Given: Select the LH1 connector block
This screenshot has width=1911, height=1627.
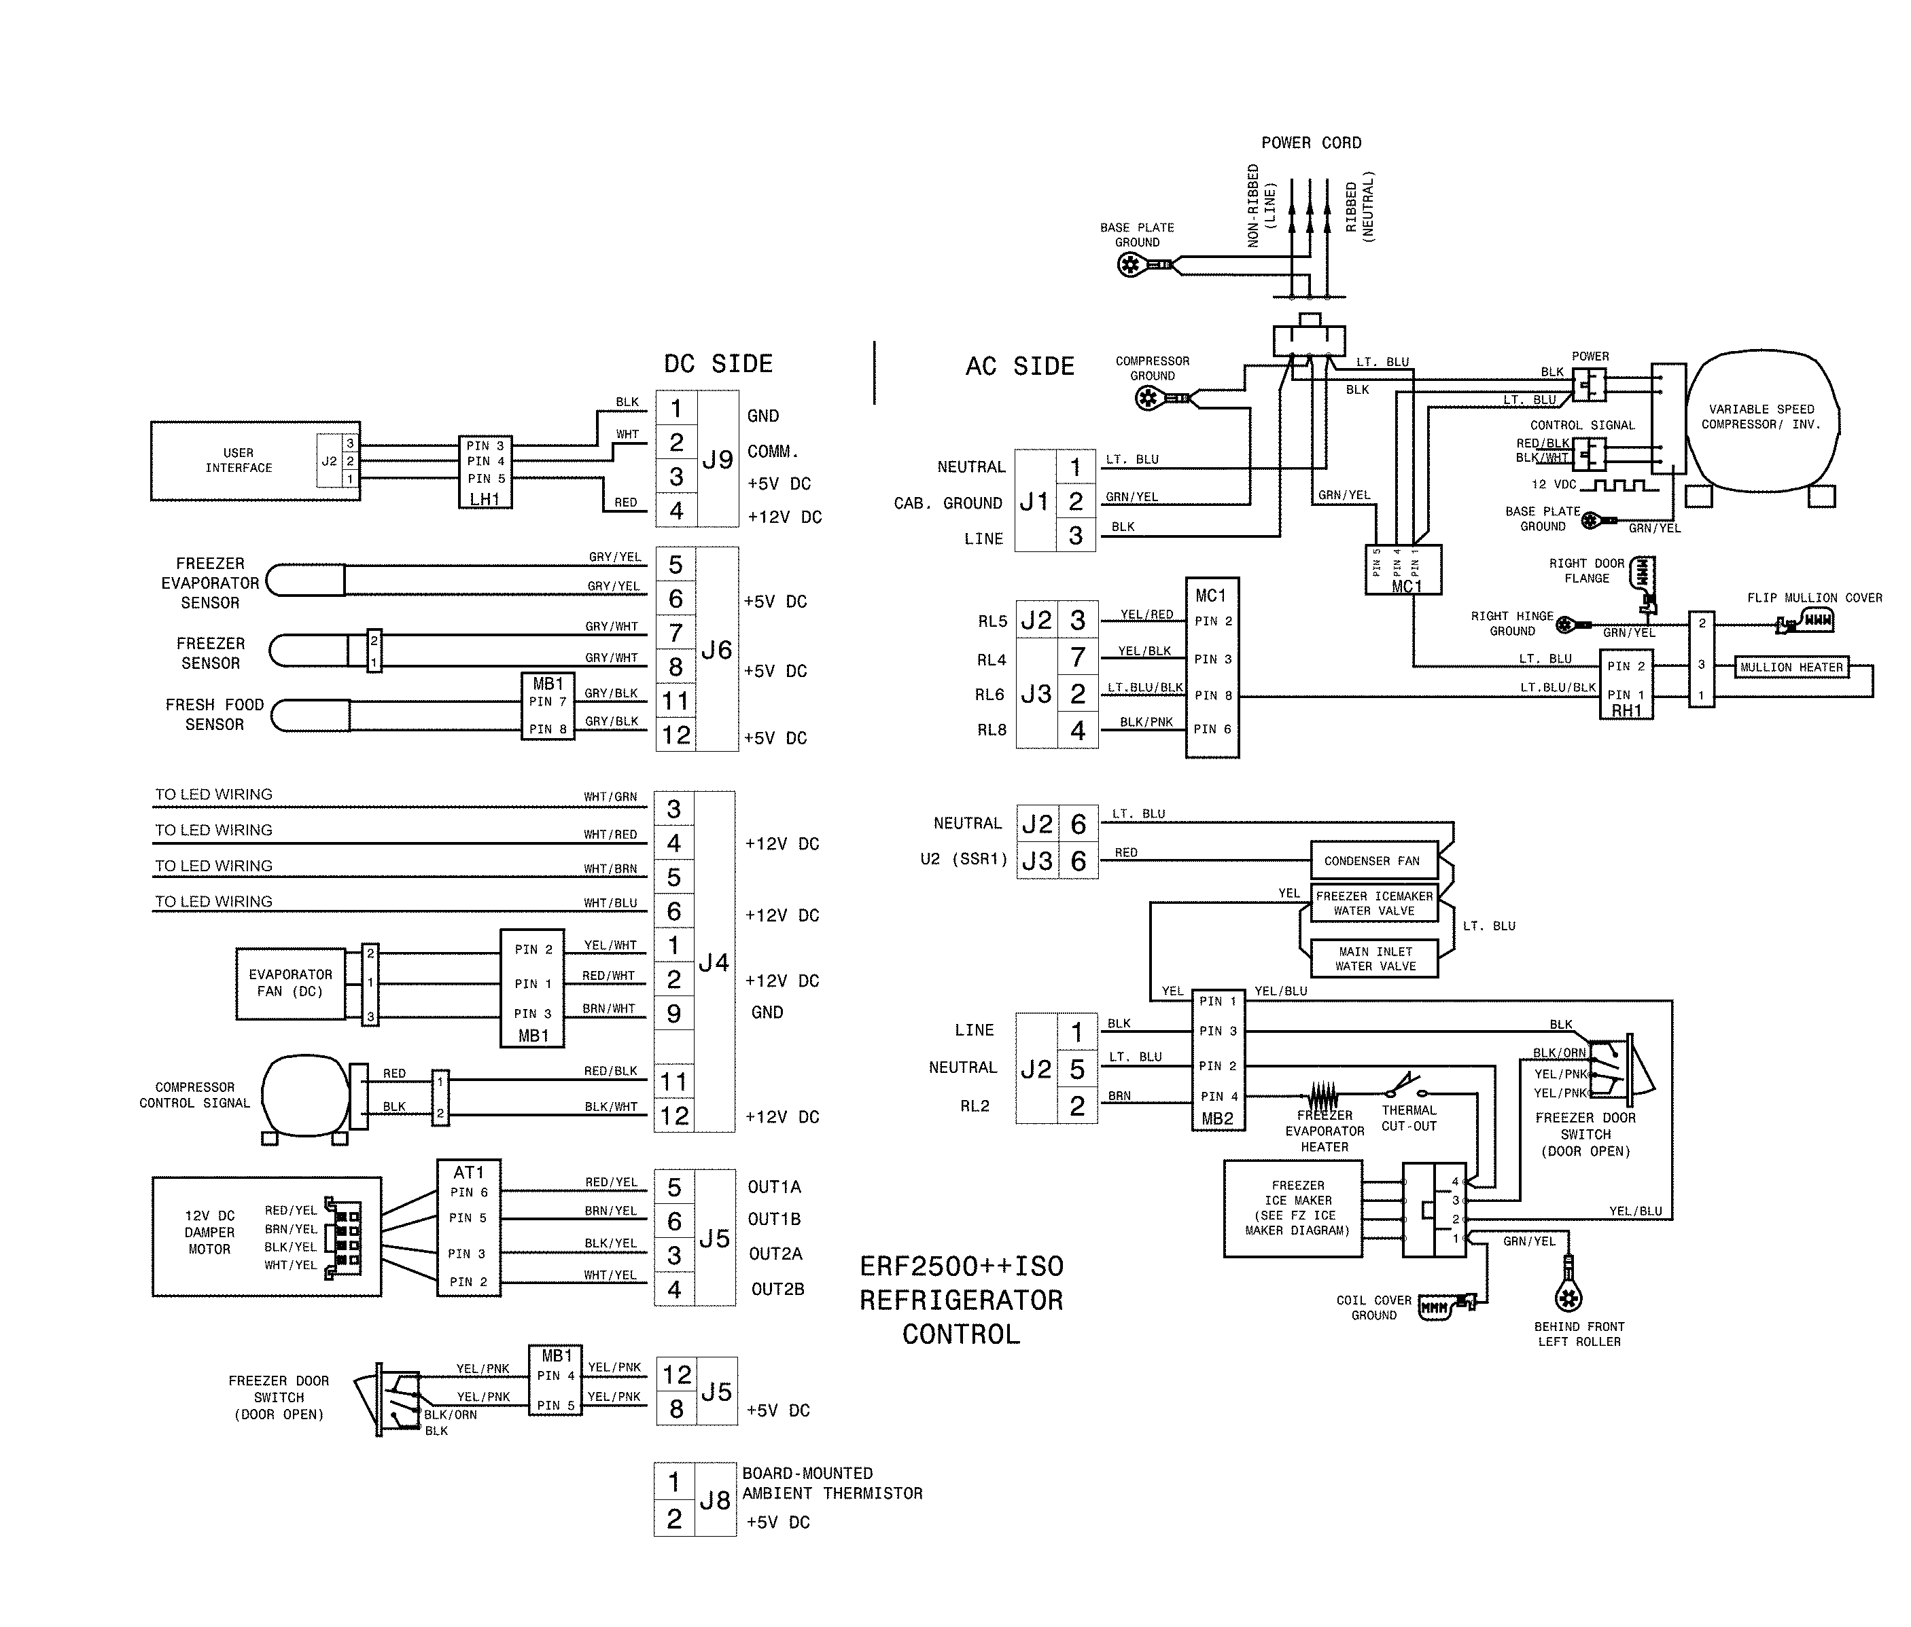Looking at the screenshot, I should coord(485,472).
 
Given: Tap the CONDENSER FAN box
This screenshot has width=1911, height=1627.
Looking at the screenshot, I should coord(1373,861).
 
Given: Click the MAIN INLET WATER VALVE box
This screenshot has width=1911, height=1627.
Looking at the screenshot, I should coord(1374,959).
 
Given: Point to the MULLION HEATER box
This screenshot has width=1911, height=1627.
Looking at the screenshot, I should coord(1791,668).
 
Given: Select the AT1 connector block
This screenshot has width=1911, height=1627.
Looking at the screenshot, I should coord(468,1228).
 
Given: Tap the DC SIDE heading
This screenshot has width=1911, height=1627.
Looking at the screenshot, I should coord(718,364).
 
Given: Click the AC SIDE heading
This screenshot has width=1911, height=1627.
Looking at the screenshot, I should coord(1019,367).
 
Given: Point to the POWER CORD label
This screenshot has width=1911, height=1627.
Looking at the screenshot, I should coord(1310,143).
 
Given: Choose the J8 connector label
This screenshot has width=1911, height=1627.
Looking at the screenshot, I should coord(715,1501).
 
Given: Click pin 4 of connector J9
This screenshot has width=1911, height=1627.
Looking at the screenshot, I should coord(676,511).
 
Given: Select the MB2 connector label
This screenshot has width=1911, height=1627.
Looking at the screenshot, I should coord(1217,1119).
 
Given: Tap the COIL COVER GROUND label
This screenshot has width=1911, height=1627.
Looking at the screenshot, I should coord(1373,1307).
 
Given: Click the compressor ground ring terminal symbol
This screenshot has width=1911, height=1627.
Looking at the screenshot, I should coord(1149,398).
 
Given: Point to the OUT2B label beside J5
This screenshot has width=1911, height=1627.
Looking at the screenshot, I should coord(777,1289).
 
